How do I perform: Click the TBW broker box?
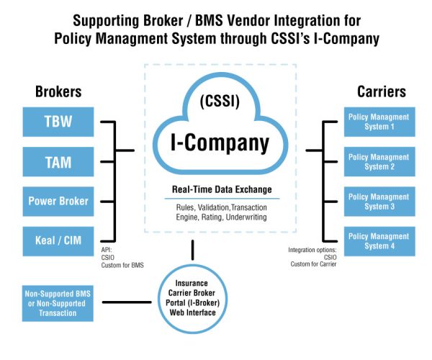click(58, 122)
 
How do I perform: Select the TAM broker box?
click(58, 161)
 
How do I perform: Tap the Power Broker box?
click(58, 201)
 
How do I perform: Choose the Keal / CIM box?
click(58, 240)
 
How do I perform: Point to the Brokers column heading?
click(58, 92)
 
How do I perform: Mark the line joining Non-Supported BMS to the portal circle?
click(130, 302)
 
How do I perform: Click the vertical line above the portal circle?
click(192, 250)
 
